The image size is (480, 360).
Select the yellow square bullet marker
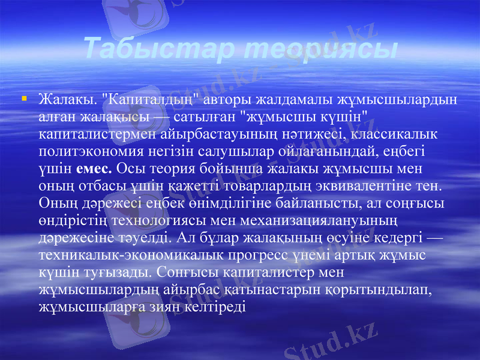click(x=22, y=96)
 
